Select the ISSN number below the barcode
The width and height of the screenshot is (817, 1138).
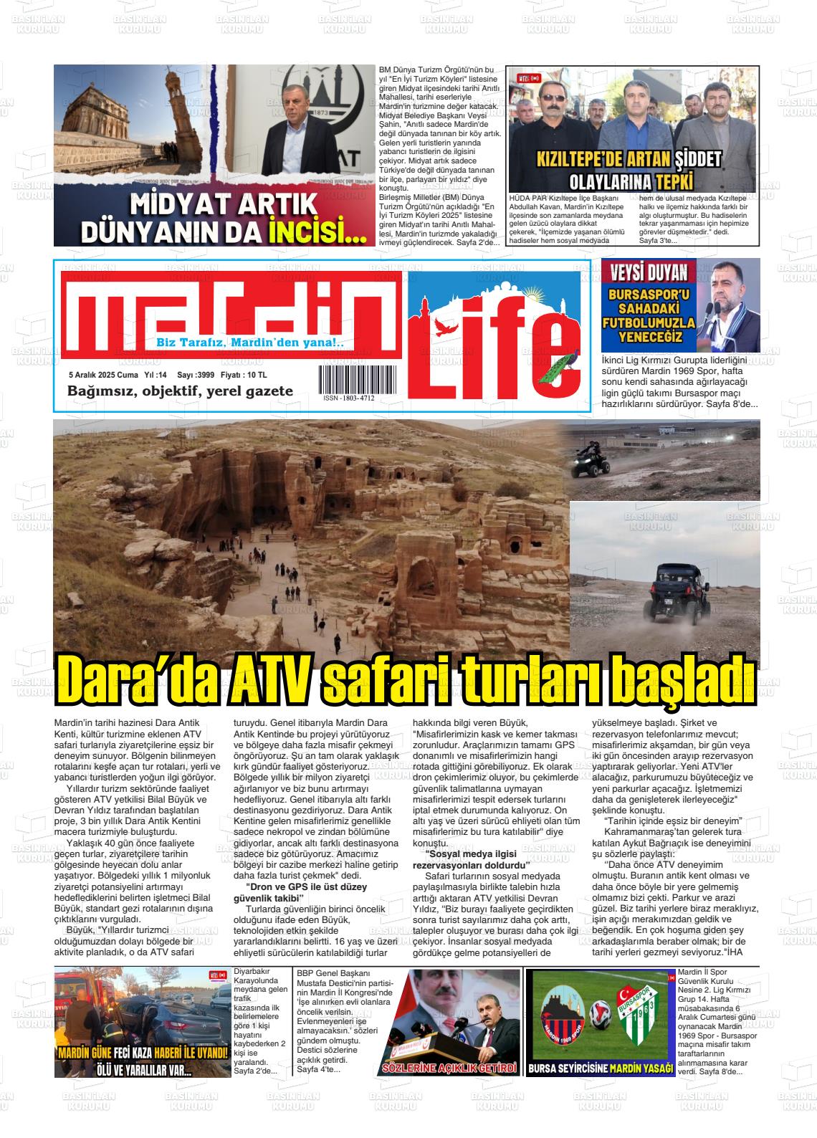348,398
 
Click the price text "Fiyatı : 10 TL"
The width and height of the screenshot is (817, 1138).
244,375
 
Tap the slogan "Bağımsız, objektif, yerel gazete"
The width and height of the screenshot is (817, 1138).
180,391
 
